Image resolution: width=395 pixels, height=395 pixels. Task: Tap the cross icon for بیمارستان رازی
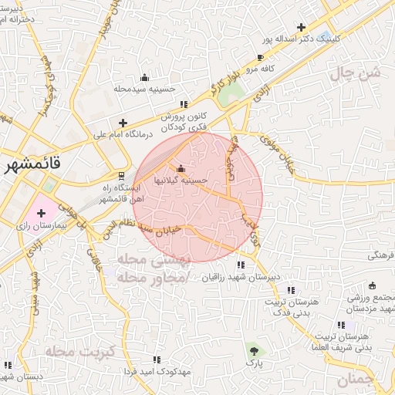coord(41,211)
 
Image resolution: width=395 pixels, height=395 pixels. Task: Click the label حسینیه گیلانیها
coord(181,180)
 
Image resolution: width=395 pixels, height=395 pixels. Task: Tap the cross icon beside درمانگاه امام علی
coord(122,123)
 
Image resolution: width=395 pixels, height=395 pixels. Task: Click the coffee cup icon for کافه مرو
coord(260,58)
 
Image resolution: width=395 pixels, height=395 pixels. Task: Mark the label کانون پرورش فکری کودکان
coord(186,120)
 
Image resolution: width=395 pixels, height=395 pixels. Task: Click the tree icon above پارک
coord(254,350)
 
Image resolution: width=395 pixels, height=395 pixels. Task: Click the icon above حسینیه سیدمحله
coord(145,77)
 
